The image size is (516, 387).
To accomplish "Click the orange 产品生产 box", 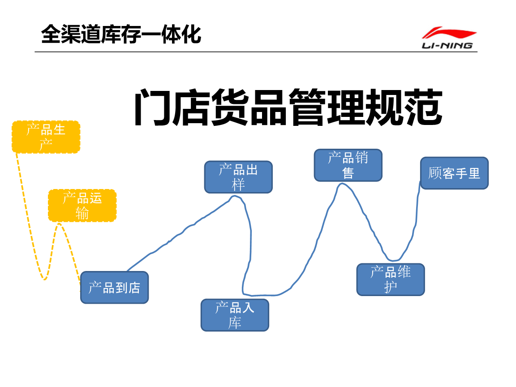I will (46, 137).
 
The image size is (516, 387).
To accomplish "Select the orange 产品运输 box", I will (82, 206).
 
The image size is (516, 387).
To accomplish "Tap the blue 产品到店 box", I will (114, 288).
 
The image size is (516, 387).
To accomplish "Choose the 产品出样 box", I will (238, 177).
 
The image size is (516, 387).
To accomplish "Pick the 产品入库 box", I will (235, 315).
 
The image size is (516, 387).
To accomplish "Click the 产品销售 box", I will (348, 165).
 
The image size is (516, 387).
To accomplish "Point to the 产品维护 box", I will (391, 279).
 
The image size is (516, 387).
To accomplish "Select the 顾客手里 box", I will (454, 173).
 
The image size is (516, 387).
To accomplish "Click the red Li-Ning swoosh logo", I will (449, 33).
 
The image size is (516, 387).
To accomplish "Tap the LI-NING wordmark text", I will (447, 45).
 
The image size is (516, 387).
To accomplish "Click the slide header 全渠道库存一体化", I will (121, 34).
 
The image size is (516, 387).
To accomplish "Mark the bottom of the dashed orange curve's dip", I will (44, 279).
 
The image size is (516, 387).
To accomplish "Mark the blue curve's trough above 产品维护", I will (393, 260).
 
